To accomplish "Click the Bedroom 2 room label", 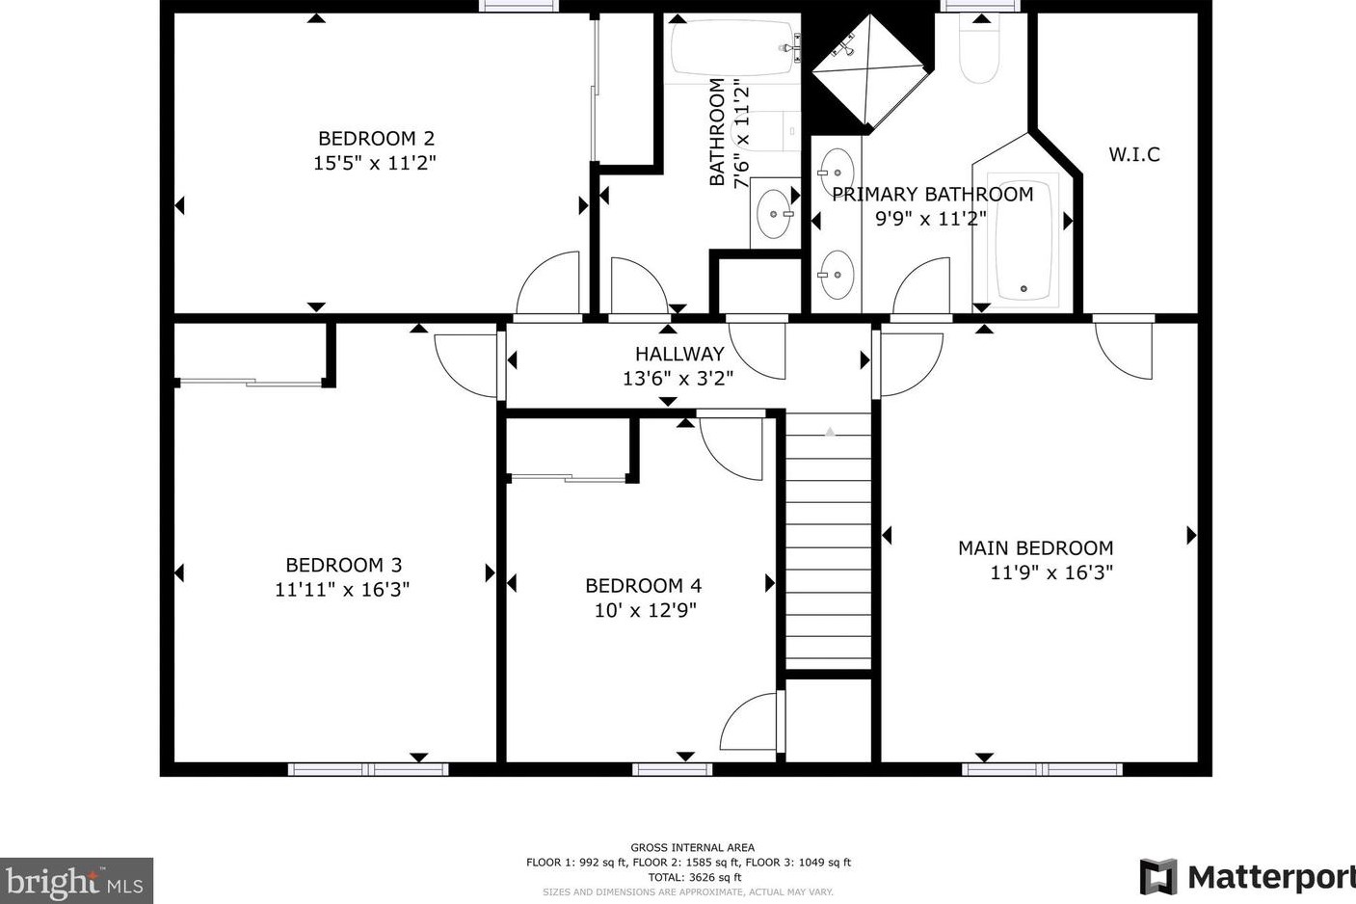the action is pyautogui.click(x=376, y=139).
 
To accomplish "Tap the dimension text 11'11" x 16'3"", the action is pyautogui.click(x=342, y=589).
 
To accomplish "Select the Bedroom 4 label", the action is pyautogui.click(x=643, y=586).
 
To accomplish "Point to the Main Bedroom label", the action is pyautogui.click(x=1035, y=548).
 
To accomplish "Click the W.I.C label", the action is pyautogui.click(x=1133, y=154).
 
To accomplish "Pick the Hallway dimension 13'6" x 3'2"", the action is pyautogui.click(x=678, y=379).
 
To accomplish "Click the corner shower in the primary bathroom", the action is pyautogui.click(x=869, y=71).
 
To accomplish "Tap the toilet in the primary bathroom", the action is pyautogui.click(x=979, y=48).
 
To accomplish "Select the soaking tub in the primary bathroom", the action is pyautogui.click(x=1024, y=240).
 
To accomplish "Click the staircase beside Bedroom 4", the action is pyautogui.click(x=829, y=542).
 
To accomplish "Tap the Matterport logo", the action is pyautogui.click(x=1247, y=876).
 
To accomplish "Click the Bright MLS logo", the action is pyautogui.click(x=76, y=880).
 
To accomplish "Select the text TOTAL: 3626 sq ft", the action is pyautogui.click(x=694, y=877).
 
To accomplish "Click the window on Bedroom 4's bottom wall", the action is pyautogui.click(x=673, y=769).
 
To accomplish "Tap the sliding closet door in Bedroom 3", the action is pyautogui.click(x=252, y=382).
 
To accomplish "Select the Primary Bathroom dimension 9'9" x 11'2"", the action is pyautogui.click(x=931, y=219).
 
